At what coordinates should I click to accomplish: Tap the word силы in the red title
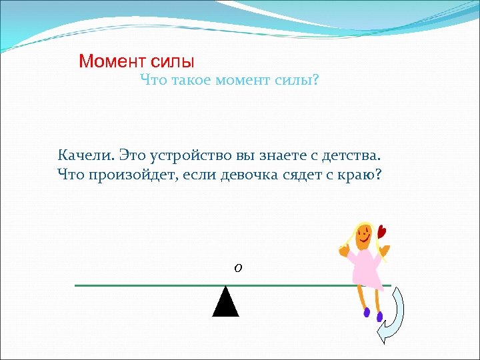pos(172,62)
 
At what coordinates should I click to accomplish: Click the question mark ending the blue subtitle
pos(316,81)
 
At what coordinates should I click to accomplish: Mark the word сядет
pos(317,175)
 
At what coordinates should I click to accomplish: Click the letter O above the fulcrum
pos(238,268)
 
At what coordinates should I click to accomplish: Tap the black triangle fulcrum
pos(226,303)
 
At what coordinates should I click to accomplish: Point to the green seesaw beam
pos(147,285)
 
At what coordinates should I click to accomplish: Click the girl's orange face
pos(364,235)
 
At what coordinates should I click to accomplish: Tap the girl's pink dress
pos(364,267)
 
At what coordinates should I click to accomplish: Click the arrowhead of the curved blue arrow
pos(384,331)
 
